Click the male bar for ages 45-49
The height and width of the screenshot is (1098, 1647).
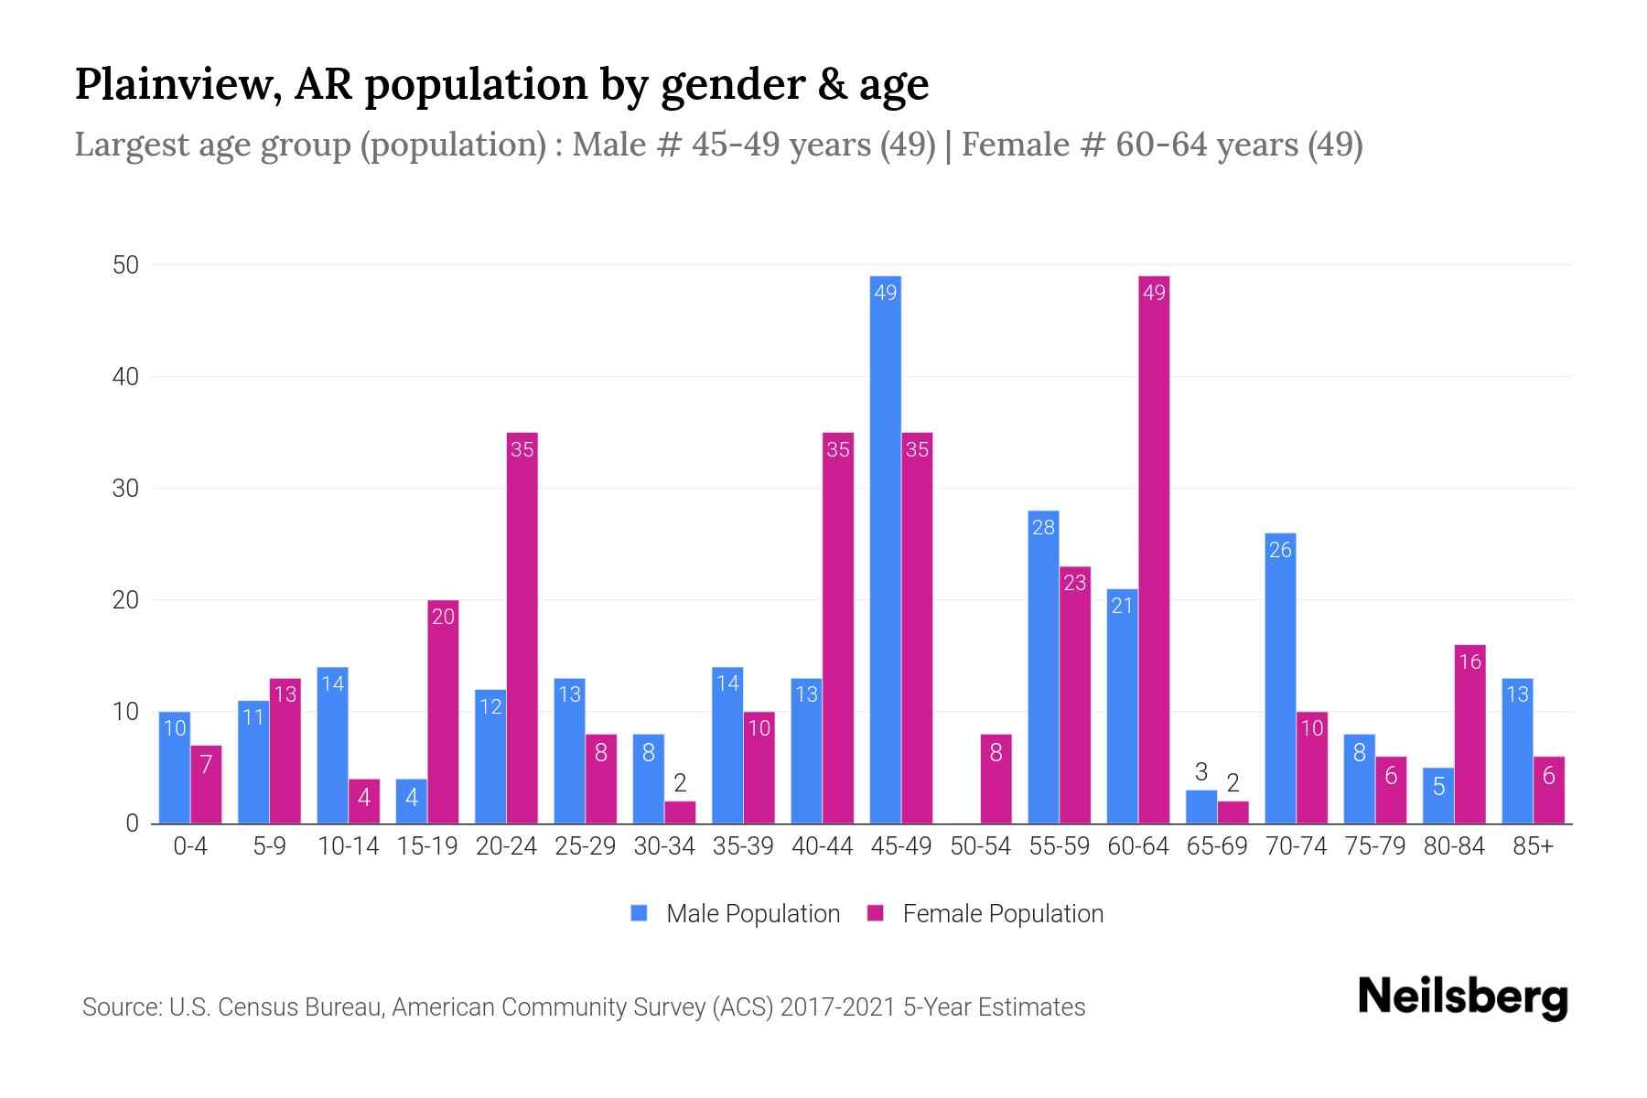[885, 549]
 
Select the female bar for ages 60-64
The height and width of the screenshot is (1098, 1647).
[1154, 549]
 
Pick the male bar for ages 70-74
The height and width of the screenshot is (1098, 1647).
[1280, 678]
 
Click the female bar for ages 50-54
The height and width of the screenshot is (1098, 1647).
[996, 779]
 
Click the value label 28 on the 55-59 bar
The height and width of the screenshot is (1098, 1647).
[1043, 527]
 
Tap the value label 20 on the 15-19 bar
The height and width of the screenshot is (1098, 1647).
[443, 617]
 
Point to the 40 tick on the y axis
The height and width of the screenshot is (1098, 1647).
[125, 377]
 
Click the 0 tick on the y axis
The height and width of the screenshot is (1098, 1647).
[132, 823]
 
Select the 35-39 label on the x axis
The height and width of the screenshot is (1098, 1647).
[743, 846]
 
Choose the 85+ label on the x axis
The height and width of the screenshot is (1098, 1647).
[1533, 846]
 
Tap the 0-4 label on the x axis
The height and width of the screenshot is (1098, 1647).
[190, 846]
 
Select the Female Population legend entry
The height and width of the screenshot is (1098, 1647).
[985, 913]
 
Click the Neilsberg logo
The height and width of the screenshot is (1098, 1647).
[1462, 997]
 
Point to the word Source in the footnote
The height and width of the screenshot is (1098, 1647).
[120, 1007]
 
